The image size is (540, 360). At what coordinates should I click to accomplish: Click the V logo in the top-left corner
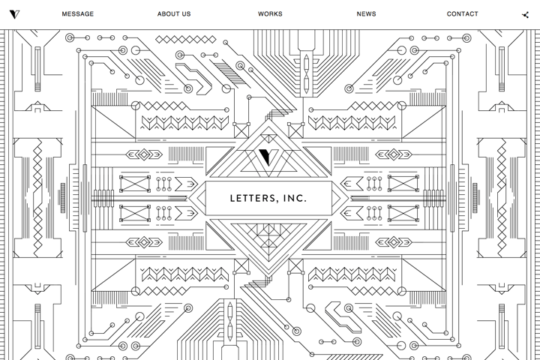coord(14,14)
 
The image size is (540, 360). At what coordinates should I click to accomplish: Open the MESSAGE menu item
coord(78,14)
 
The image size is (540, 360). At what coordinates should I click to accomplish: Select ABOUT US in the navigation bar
coord(174,14)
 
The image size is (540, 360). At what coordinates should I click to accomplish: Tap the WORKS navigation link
coord(270,14)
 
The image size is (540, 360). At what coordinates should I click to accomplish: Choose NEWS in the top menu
coord(366,14)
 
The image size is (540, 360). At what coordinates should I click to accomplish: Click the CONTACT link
coord(462,14)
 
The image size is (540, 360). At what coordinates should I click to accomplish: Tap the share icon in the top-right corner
coord(525,15)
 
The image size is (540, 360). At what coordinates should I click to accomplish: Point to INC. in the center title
coord(295,199)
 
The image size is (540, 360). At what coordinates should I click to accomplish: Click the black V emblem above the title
coord(265,157)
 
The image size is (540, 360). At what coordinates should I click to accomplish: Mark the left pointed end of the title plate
coord(189,199)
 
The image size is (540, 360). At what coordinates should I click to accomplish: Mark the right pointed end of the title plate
coord(349,199)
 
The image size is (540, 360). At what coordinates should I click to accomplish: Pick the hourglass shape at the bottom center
coord(230,321)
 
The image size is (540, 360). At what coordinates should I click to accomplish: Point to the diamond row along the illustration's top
coord(186,40)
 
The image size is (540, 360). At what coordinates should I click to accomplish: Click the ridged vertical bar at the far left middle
coord(63,198)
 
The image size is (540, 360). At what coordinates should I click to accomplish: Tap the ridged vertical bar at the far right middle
coord(475,198)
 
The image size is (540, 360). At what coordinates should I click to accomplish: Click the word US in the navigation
coord(186,14)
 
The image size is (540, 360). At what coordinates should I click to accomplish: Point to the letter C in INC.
coord(298,199)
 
